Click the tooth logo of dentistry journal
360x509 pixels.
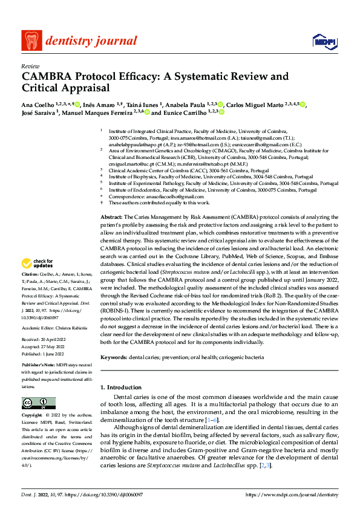point(31,41)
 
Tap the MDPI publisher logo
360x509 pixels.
point(323,41)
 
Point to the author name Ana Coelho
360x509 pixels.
point(36,105)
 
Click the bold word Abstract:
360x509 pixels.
point(111,216)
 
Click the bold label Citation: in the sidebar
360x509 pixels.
point(30,274)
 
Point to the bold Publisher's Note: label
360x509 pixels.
point(38,367)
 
